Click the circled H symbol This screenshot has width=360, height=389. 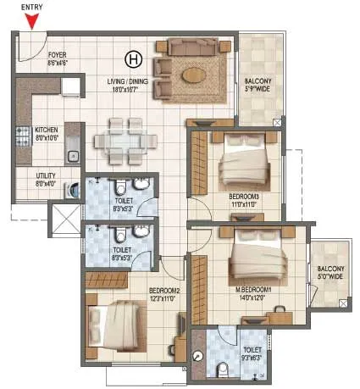[132, 58]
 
